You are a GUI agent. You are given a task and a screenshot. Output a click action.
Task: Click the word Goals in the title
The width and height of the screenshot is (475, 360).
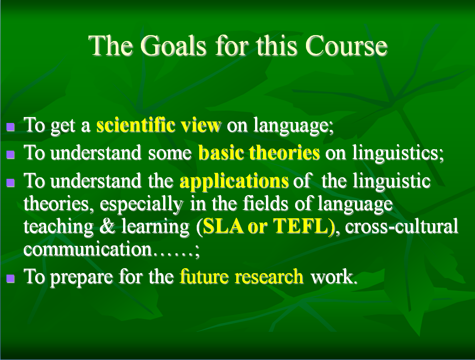[173, 45]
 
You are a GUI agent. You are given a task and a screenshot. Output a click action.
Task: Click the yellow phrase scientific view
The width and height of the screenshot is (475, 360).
[159, 125]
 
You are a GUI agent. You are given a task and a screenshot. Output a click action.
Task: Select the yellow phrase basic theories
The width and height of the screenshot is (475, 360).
[259, 152]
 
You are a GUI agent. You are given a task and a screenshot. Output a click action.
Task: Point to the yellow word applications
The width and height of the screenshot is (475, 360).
[234, 181]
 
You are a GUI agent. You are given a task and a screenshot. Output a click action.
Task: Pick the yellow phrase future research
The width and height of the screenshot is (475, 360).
[241, 276]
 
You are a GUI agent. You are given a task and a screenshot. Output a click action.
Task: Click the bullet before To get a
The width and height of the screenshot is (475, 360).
[10, 126]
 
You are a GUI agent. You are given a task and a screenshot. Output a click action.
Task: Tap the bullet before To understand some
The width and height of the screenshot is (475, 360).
[10, 155]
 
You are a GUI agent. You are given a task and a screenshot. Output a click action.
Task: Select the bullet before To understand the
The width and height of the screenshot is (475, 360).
[10, 183]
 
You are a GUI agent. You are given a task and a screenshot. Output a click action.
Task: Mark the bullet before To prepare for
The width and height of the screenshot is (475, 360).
[10, 278]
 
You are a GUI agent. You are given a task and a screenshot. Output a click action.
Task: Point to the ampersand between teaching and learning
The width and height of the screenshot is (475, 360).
[107, 226]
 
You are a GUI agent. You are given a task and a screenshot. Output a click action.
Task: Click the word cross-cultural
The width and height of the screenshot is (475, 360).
[402, 226]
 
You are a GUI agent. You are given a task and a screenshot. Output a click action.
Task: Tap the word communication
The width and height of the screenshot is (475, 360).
[87, 249]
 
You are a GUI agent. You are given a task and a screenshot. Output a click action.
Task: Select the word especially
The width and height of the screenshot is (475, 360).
[141, 204]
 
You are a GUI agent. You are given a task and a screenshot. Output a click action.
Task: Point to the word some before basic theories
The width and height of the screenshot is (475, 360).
[170, 153]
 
